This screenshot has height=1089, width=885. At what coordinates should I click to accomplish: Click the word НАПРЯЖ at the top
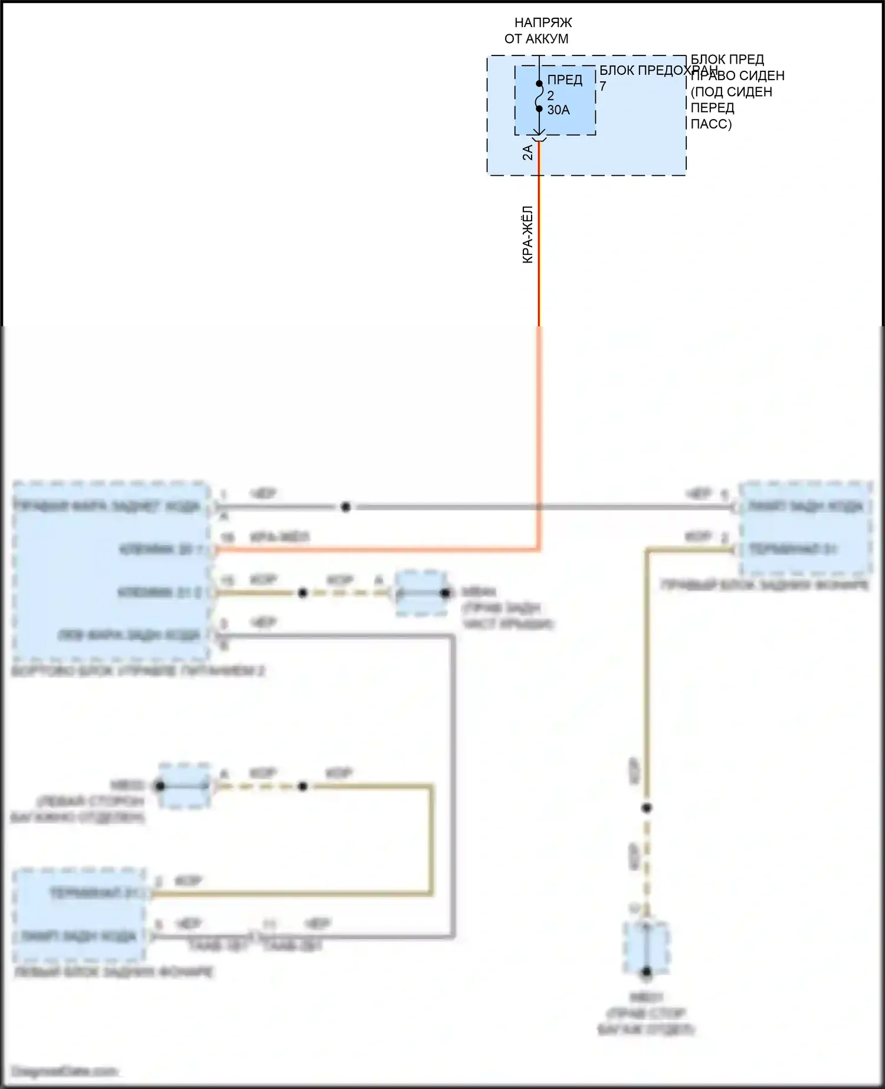pos(543,23)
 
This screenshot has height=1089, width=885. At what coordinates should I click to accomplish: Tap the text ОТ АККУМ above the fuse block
pos(536,39)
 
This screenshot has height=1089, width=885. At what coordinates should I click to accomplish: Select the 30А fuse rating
pos(558,110)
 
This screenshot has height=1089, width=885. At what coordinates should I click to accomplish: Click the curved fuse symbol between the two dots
pos(539,96)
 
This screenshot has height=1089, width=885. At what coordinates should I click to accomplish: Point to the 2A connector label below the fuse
pos(527,152)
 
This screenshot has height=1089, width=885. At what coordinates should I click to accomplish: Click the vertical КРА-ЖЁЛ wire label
pos(527,234)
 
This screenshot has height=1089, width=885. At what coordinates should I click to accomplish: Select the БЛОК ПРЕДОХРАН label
pos(658,70)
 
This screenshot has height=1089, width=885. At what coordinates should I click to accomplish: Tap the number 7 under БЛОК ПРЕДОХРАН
pos(603,86)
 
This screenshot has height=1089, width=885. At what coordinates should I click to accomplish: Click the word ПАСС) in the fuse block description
pos(711,124)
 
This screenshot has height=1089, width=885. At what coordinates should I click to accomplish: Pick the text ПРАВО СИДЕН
pos(737,76)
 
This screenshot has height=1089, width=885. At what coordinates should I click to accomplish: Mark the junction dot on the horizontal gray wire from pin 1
pos(346,507)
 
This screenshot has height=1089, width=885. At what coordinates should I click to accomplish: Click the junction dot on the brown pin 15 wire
pos(303,593)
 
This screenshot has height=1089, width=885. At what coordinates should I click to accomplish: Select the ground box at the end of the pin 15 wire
pos(421,593)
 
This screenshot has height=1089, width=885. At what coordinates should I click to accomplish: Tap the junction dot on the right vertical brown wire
pos(647,808)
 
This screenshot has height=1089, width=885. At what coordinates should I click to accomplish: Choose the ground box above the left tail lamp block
pos(184,786)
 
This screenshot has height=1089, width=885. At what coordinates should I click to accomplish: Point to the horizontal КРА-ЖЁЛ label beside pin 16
pos(280,537)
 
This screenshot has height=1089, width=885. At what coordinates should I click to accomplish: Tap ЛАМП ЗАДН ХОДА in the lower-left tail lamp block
pos(78,936)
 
